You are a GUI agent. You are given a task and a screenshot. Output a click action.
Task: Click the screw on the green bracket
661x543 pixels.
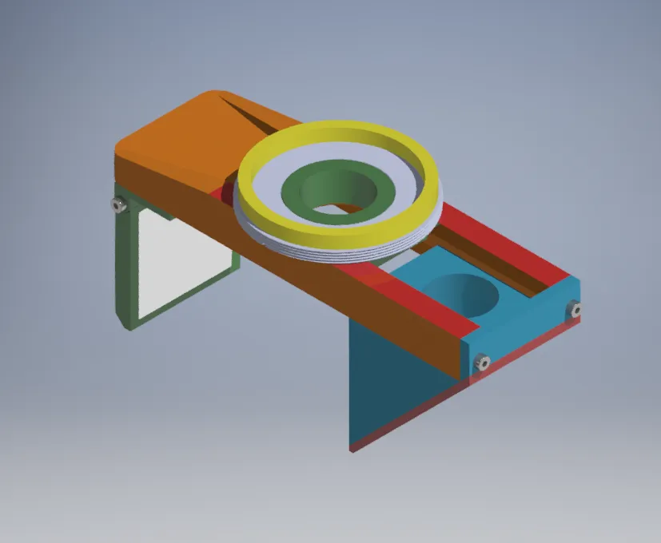click(x=120, y=206)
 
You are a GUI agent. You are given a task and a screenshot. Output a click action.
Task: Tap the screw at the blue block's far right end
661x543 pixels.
click(x=574, y=309)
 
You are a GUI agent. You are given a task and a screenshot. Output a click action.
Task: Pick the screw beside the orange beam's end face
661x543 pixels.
click(x=483, y=363)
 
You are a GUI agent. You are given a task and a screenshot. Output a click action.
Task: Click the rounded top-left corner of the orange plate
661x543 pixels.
click(x=128, y=144)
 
